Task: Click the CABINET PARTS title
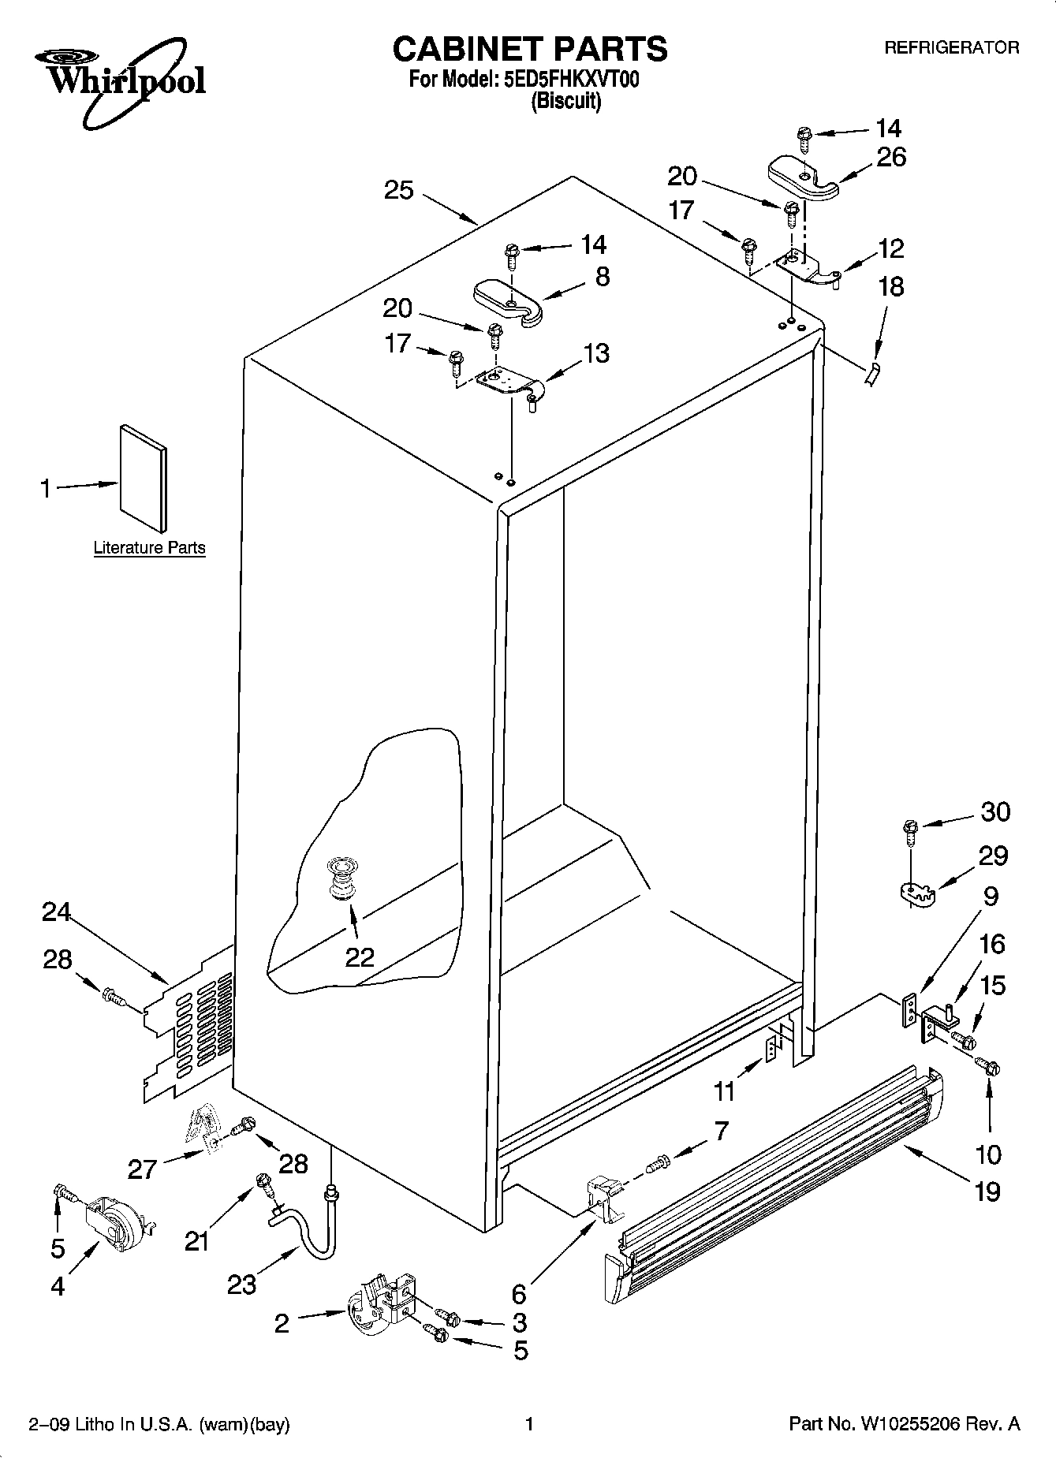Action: tap(529, 49)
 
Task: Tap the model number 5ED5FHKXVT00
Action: tap(570, 80)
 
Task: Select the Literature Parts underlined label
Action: tap(149, 547)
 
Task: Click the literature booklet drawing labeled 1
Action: tap(143, 478)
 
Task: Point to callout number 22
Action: tap(360, 956)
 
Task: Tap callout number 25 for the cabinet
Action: tap(399, 190)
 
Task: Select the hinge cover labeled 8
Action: tap(509, 300)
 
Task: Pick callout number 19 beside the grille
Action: tap(987, 1191)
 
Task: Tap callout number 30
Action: tap(995, 811)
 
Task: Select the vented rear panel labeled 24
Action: tap(189, 1025)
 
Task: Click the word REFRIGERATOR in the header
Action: tap(951, 47)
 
